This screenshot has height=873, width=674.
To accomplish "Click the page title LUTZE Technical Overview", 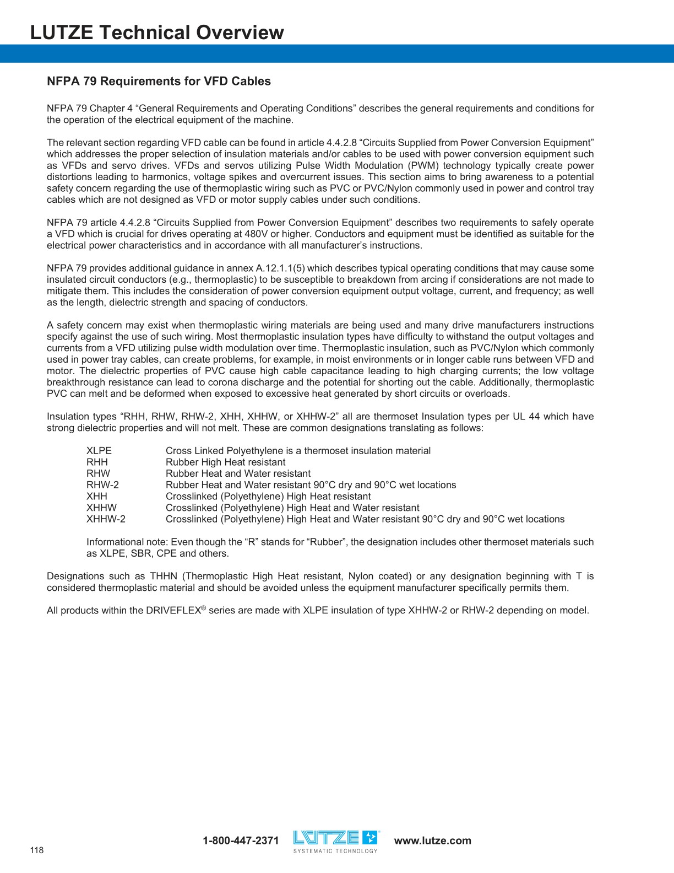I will point(157,33).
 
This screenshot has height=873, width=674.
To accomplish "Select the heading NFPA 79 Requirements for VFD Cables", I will point(159,81).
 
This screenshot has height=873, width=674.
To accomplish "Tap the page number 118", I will point(37,850).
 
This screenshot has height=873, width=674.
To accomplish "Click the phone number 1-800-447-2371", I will point(241,840).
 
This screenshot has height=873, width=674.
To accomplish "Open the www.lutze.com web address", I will point(433,840).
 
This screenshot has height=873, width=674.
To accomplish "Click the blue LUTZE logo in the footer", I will point(335,838).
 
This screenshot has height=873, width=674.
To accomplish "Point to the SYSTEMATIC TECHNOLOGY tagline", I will point(335,851).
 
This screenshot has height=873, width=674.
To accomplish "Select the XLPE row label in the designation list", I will point(99,451).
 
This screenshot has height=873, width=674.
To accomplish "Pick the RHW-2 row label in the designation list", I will point(102,485).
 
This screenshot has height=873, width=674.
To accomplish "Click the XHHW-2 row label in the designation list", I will point(106,519).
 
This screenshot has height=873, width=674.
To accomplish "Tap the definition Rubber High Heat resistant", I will point(225,462).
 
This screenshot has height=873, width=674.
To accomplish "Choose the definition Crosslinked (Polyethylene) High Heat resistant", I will point(268,497).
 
